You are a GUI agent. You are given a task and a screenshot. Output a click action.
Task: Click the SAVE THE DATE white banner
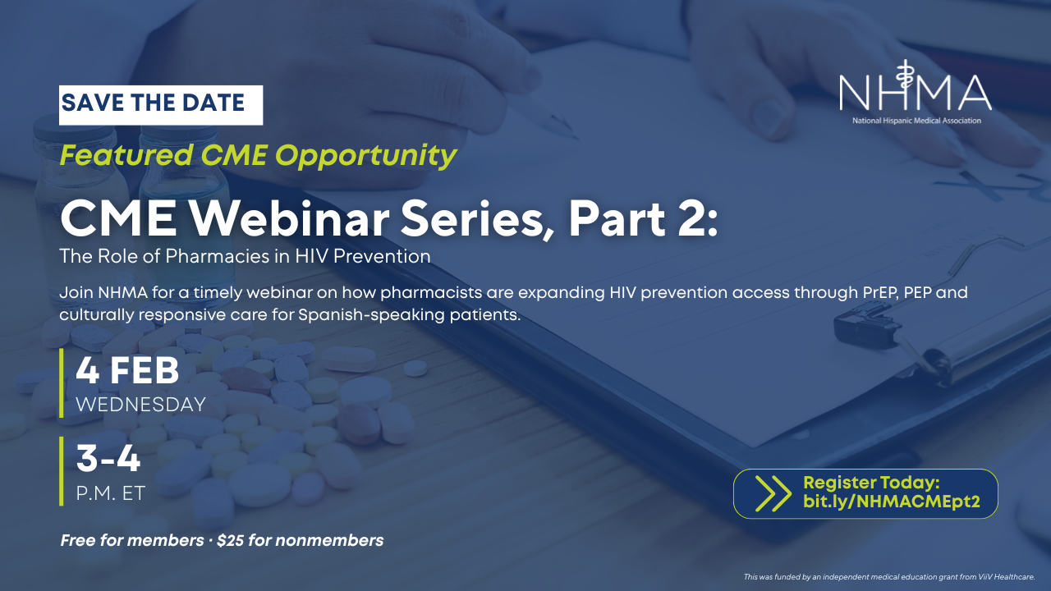click(x=161, y=105)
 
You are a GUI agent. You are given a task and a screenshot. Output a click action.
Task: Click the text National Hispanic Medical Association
click(x=916, y=121)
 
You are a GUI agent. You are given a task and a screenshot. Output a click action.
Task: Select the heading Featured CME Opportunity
click(x=258, y=156)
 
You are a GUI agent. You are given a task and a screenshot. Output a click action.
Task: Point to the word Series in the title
click(x=477, y=220)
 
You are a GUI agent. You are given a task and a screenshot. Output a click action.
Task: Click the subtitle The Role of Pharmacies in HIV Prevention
click(x=245, y=256)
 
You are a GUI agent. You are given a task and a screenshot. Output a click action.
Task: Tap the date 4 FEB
click(x=127, y=370)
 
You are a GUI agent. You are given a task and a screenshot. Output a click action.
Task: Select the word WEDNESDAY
click(x=140, y=405)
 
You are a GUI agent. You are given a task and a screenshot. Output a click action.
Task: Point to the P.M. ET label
click(x=111, y=493)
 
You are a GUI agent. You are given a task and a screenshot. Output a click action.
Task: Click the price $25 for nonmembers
click(x=301, y=540)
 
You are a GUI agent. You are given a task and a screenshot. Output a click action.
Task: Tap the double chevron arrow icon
click(x=773, y=493)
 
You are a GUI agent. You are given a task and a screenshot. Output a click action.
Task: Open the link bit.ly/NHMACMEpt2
click(x=892, y=502)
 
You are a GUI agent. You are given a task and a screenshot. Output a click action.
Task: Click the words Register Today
click(x=871, y=483)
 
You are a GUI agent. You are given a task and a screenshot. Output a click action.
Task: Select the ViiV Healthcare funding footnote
click(x=889, y=577)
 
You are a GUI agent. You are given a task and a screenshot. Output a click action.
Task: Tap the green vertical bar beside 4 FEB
click(x=62, y=383)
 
